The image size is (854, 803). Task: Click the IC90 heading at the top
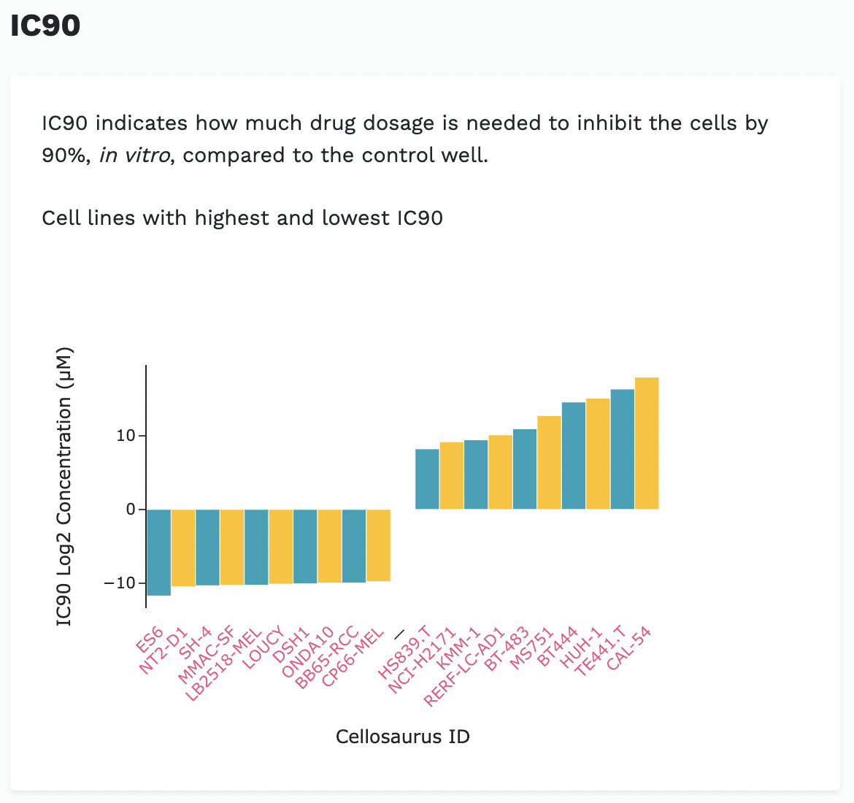45,26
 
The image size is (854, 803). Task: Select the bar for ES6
158,552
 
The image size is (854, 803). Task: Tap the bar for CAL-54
647,443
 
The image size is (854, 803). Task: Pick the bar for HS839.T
427,479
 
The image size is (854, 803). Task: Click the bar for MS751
549,462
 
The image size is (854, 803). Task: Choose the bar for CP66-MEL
378,545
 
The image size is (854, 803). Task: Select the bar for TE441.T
622,449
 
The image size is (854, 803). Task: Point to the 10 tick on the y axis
126,436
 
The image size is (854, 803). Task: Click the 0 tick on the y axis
131,510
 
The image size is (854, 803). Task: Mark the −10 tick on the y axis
120,583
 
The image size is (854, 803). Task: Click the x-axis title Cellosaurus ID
402,737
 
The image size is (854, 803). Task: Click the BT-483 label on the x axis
507,648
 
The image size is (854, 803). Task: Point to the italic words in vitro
135,155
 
